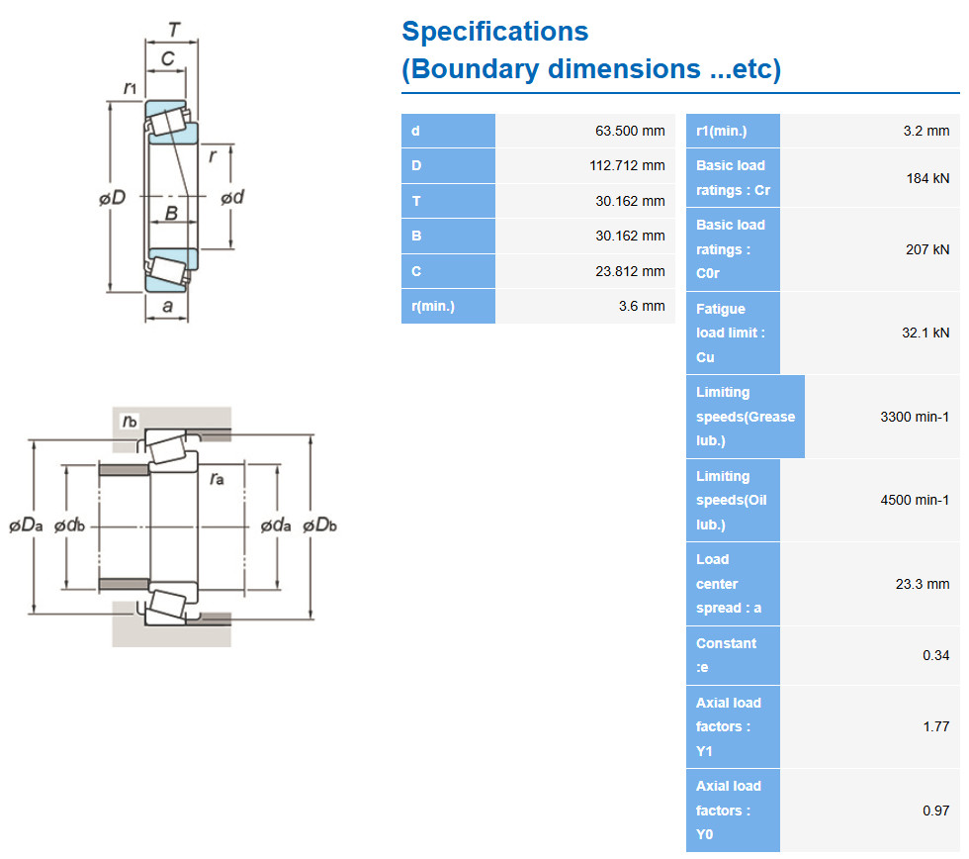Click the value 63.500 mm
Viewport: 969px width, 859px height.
[630, 131]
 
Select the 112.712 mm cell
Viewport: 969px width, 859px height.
[627, 165]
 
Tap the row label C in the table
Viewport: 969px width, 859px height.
[416, 271]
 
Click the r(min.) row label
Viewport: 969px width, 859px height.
[433, 306]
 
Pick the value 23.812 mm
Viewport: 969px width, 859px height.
[630, 271]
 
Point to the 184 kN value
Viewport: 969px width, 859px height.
[927, 179]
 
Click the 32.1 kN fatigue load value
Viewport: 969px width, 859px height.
[925, 333]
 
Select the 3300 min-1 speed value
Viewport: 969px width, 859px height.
[915, 417]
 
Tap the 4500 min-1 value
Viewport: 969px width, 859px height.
[915, 500]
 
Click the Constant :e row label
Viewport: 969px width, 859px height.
[726, 655]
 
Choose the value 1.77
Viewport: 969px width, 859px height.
[936, 726]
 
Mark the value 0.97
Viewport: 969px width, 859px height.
[936, 811]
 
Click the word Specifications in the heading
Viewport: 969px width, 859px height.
[495, 32]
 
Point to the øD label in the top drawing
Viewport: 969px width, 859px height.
[113, 198]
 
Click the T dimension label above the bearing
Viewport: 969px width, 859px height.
[174, 29]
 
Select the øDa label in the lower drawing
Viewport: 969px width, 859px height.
[26, 525]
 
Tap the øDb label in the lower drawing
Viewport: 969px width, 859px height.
[319, 525]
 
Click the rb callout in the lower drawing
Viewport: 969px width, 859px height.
[130, 422]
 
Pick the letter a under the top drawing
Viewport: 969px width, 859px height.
[167, 306]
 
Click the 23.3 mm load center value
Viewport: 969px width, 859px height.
[922, 584]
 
